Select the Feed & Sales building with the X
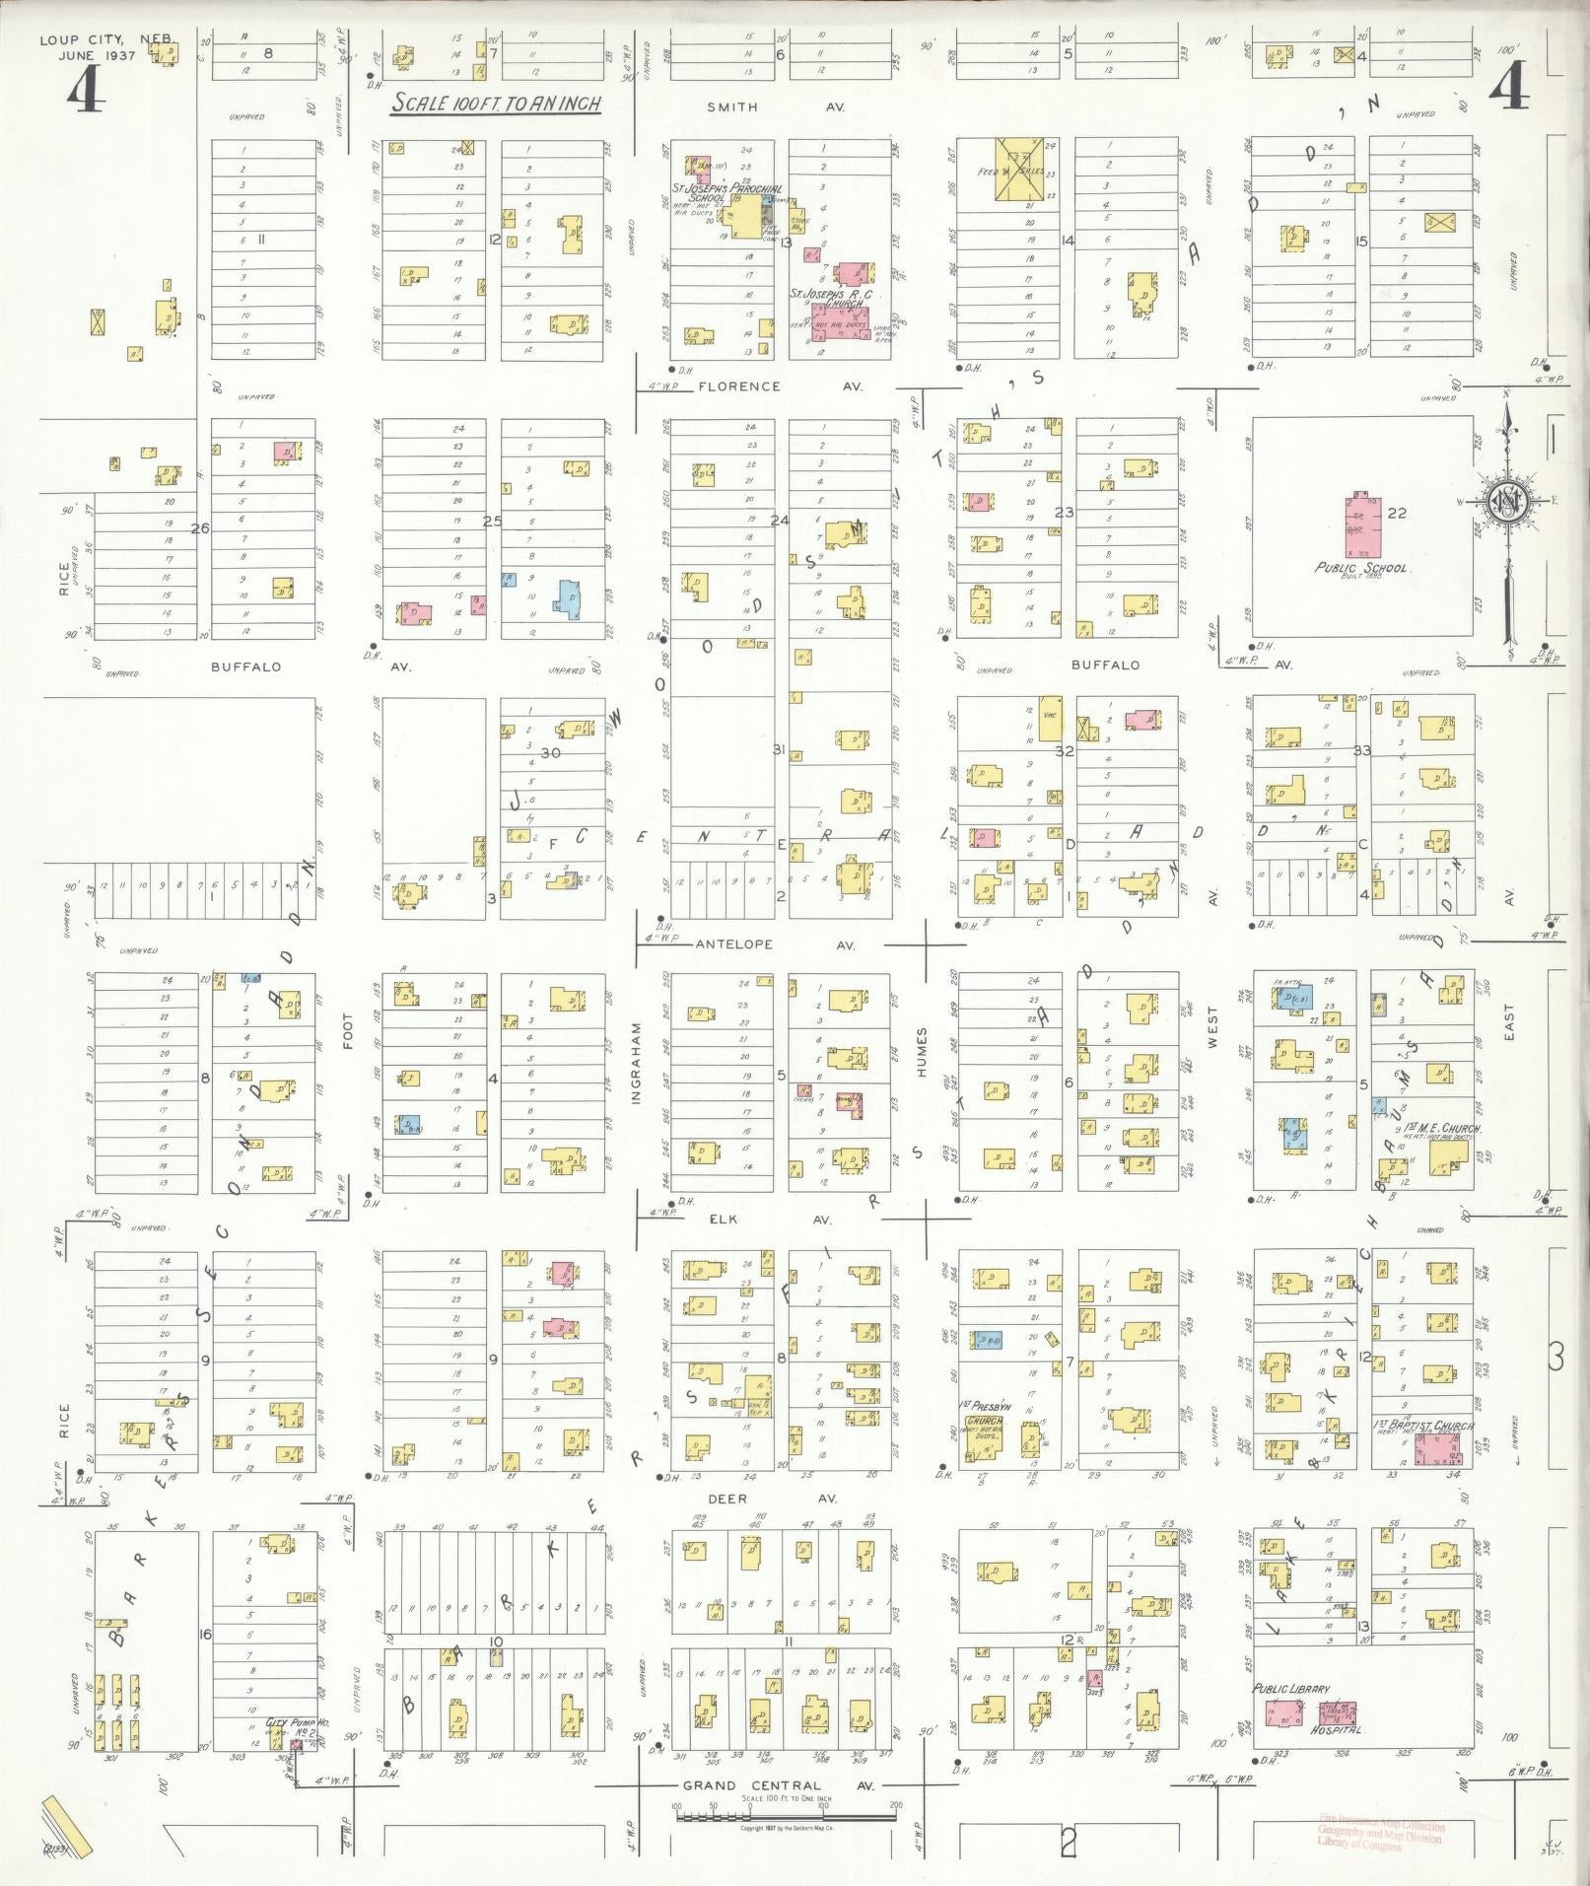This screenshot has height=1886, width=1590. [x=1023, y=171]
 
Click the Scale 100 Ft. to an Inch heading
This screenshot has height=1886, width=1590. [x=496, y=104]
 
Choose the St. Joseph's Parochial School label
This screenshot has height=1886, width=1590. [x=727, y=192]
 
